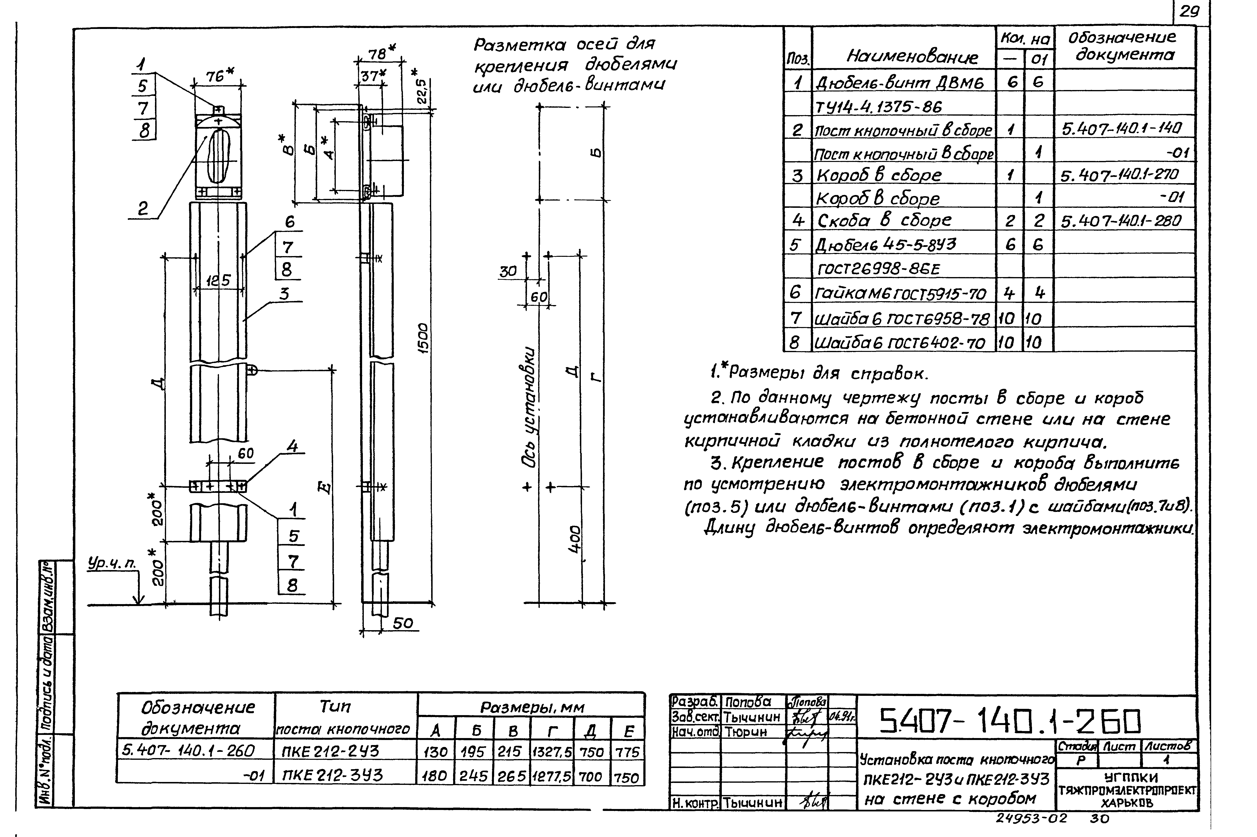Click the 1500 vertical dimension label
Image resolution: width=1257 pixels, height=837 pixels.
[x=423, y=337]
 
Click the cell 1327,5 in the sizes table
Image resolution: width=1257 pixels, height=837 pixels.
[x=551, y=752]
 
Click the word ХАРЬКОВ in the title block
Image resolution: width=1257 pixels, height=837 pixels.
[x=1126, y=803]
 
